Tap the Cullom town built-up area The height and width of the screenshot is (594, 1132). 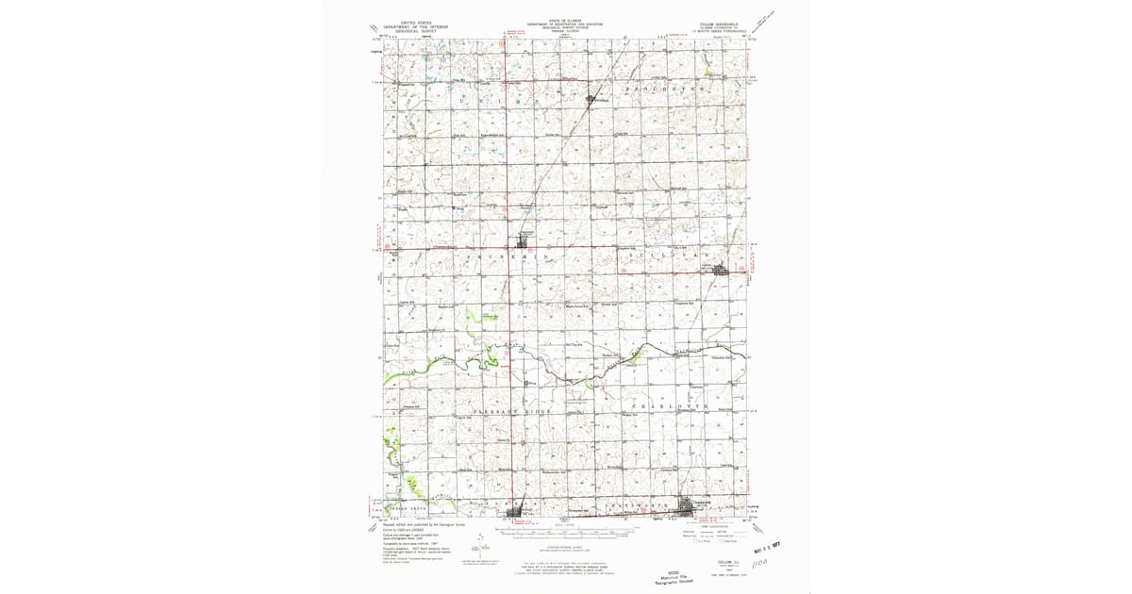click(x=723, y=271)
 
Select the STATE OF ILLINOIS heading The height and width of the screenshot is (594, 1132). click(x=565, y=19)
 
